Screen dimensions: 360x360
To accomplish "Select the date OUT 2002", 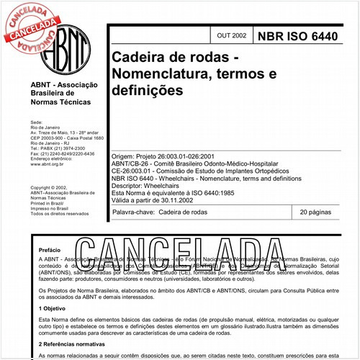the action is coord(230,35).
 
